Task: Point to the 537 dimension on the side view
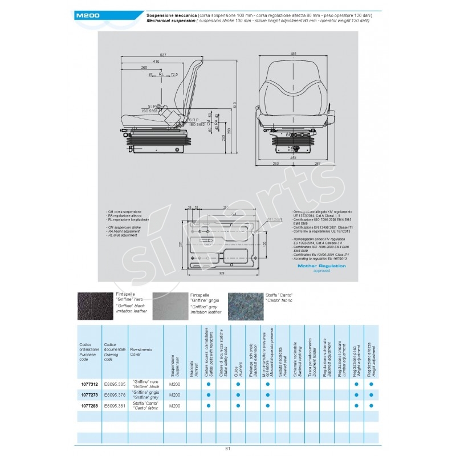tap(163, 55)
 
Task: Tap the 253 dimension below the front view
tap(276, 164)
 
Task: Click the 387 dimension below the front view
tap(317, 164)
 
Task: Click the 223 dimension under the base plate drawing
tap(221, 274)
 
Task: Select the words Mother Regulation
tap(318, 266)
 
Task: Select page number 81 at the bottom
tap(228, 448)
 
